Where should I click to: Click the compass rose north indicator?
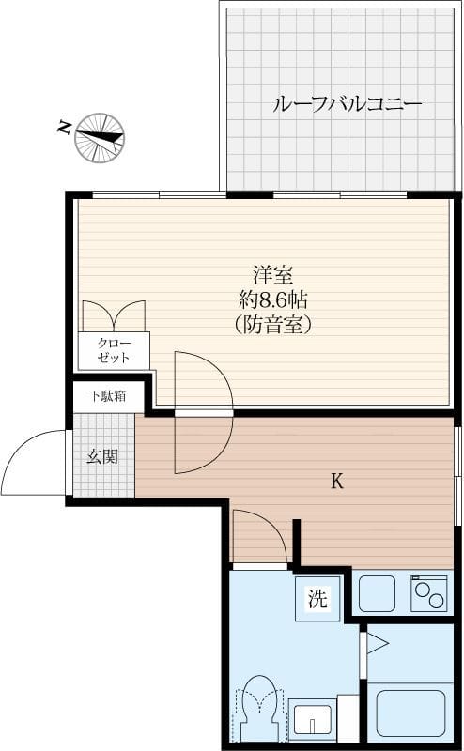pos(100,136)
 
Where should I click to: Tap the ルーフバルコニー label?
pos(347,104)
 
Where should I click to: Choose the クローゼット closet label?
pos(113,351)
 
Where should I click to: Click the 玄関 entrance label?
pos(102,456)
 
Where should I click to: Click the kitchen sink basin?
pos(378,593)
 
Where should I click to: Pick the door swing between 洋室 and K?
pos(201,413)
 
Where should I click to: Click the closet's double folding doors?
pos(114,316)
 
